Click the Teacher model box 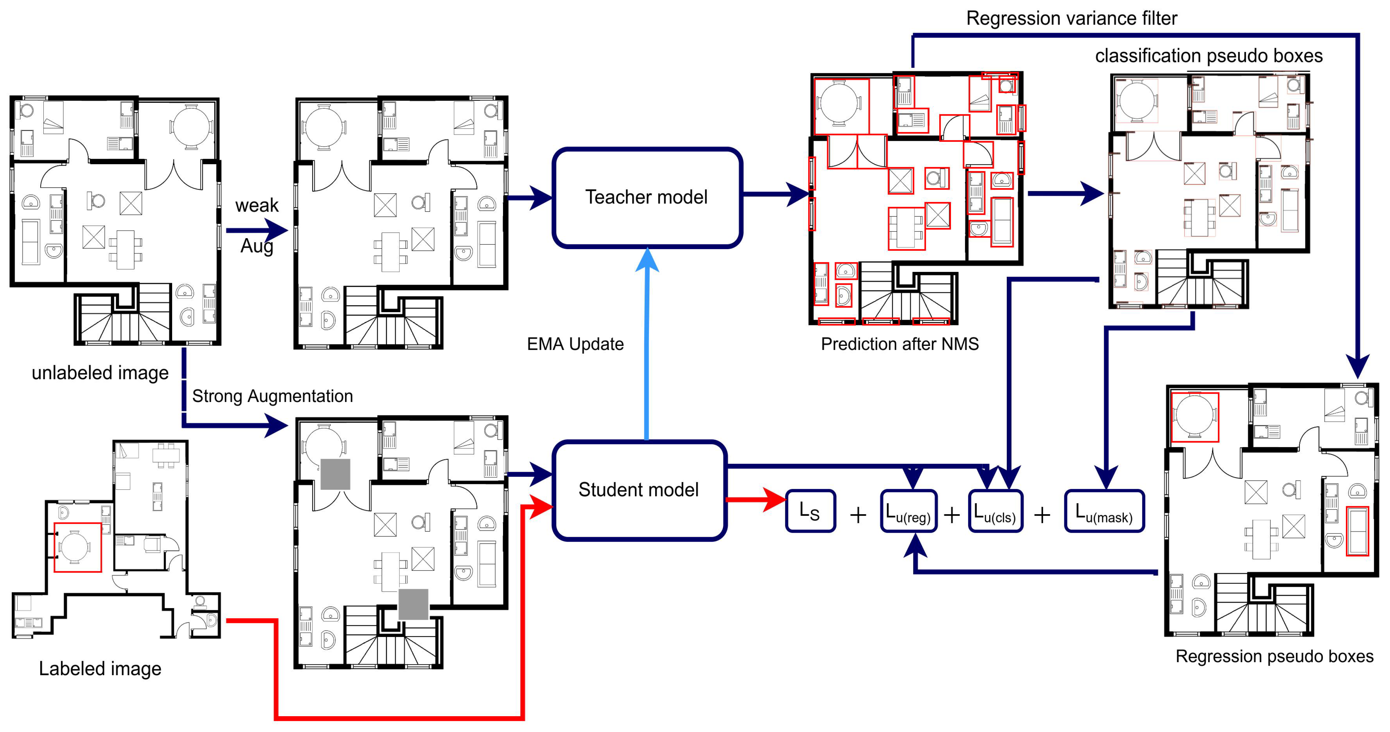[x=647, y=198]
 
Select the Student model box [x=639, y=490]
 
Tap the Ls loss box [x=811, y=511]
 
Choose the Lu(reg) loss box [x=909, y=511]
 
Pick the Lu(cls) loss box [x=995, y=511]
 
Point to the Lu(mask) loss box [x=1104, y=511]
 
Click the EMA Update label [x=575, y=344]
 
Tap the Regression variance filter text [x=1072, y=18]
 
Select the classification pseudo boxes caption [x=1209, y=55]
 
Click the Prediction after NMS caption [x=899, y=344]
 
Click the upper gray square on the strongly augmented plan [x=336, y=474]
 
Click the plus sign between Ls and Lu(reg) [x=858, y=515]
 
